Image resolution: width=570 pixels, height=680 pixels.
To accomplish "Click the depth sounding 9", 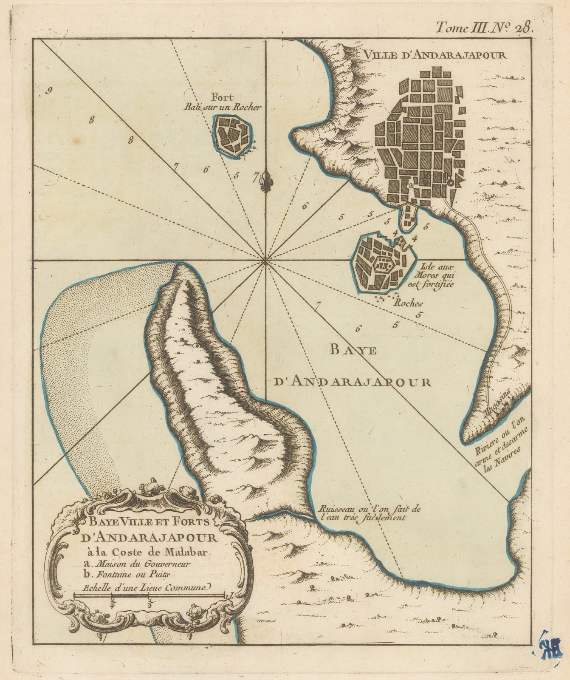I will click(50, 90).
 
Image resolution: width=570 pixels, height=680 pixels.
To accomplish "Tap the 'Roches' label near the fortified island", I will click(408, 303).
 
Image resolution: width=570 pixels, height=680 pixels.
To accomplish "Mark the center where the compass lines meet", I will click(266, 260).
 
